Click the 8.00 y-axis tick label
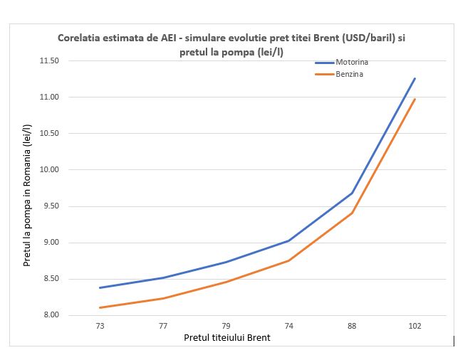coord(50,315)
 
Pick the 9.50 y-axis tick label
coord(50,206)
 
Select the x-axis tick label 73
coord(100,326)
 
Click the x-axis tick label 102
coord(415,326)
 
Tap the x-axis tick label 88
coord(352,326)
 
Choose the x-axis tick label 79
coord(226,326)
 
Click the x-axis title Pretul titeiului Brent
coord(226,338)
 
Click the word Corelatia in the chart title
coord(79,38)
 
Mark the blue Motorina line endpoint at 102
coord(415,78)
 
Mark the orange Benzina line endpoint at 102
coord(415,99)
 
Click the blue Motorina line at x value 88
coord(352,193)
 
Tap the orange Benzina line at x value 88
coord(352,213)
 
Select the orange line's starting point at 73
coord(100,307)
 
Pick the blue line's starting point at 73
coord(100,287)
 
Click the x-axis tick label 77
coord(163,326)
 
